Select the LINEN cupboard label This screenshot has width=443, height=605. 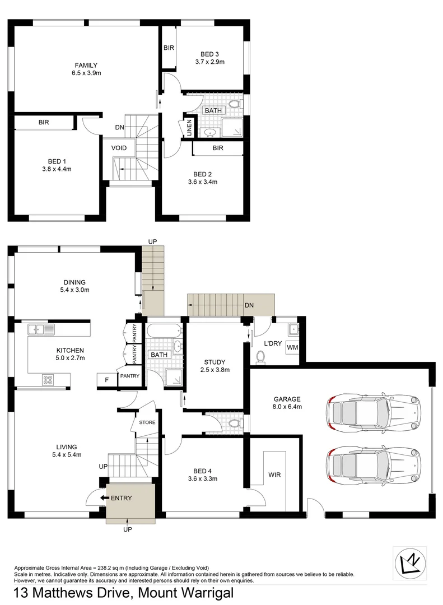tap(189, 128)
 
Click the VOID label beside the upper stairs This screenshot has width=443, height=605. tap(119, 148)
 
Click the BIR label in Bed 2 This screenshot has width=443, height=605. tap(218, 148)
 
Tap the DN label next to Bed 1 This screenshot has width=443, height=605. tap(119, 128)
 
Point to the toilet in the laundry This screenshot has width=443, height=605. tap(260, 356)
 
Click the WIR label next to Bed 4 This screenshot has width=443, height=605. tap(274, 475)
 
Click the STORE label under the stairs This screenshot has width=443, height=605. tap(148, 422)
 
